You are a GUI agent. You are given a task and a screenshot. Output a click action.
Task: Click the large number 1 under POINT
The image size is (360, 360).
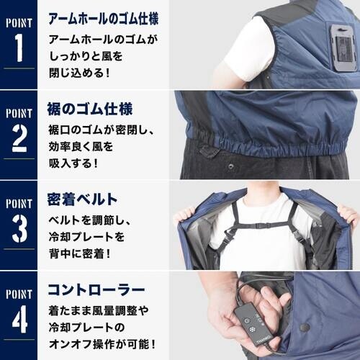pyautogui.click(x=19, y=48)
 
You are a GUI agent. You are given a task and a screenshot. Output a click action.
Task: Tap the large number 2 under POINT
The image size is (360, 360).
pyautogui.click(x=19, y=138)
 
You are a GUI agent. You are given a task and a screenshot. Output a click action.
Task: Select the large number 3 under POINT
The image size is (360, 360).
pyautogui.click(x=19, y=228)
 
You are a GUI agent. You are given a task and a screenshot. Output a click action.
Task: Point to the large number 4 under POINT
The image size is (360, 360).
pyautogui.click(x=19, y=318)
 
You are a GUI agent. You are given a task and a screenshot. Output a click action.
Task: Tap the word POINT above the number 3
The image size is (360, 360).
pyautogui.click(x=19, y=202)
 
